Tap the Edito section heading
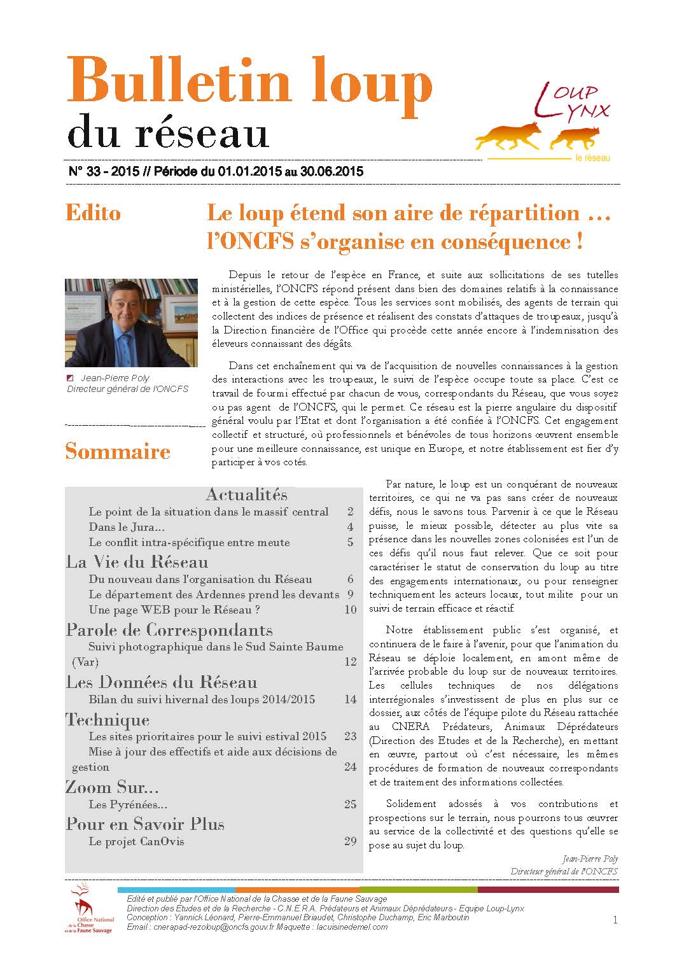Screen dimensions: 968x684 coord(93,213)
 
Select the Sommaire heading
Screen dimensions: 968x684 coord(118,451)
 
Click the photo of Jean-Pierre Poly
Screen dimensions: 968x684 coord(131,323)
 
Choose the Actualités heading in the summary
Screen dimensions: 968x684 coord(246,495)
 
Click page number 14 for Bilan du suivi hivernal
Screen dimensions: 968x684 coord(350,699)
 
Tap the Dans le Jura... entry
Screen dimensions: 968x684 coord(127,527)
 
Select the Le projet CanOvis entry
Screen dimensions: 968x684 coord(136,841)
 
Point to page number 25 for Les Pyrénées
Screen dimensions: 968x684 coord(350,804)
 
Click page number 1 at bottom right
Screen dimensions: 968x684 coord(615,920)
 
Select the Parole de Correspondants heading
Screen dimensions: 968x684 coord(169,630)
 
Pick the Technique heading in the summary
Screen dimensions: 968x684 coord(108,720)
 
